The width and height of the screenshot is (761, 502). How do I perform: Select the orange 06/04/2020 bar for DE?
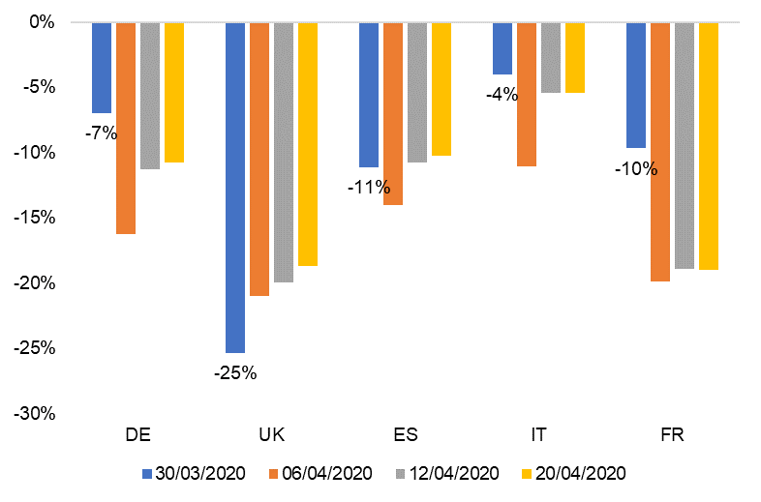click(x=126, y=128)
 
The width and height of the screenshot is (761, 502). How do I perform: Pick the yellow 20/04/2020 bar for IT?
click(x=575, y=57)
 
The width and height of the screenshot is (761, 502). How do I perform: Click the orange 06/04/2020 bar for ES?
click(x=393, y=113)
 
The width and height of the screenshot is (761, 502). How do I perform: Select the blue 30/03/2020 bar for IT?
click(x=502, y=47)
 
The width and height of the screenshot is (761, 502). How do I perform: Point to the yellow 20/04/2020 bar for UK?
click(x=308, y=143)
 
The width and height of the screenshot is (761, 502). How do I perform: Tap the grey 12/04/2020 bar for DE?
click(x=150, y=95)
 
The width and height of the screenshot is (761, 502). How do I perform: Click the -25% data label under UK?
click(x=235, y=372)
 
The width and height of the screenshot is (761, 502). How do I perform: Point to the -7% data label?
click(x=101, y=133)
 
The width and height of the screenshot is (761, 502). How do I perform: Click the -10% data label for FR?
click(x=635, y=169)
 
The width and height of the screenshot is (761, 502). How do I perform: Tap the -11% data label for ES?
click(x=368, y=187)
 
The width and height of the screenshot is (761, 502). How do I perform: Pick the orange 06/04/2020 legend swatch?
click(x=274, y=474)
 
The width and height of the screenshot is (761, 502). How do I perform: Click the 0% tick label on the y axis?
click(x=42, y=21)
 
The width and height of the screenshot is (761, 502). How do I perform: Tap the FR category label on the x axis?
click(x=672, y=434)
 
